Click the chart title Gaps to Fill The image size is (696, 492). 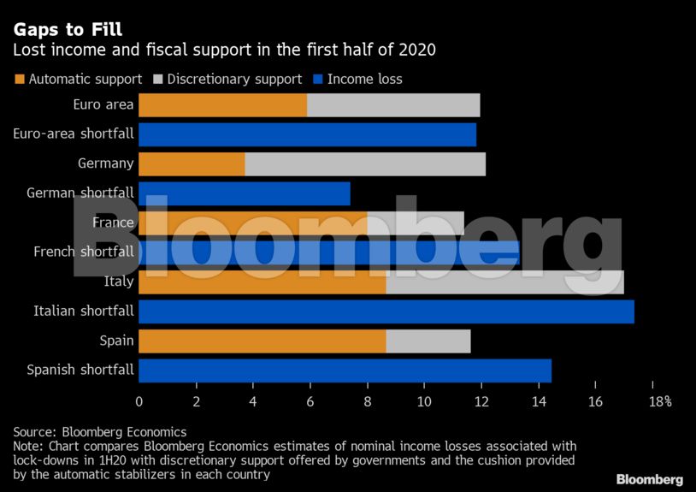point(68,30)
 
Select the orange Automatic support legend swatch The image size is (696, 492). point(20,80)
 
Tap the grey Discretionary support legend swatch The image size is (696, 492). point(158,80)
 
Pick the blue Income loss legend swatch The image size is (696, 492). point(318,80)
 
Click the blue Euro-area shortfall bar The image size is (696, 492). point(307,134)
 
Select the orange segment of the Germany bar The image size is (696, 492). point(192,163)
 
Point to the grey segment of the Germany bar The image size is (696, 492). point(365,163)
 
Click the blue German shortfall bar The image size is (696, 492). point(244,193)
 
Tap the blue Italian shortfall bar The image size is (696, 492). point(386,311)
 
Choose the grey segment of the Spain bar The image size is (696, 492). point(428,341)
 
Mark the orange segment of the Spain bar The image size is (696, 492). point(262,341)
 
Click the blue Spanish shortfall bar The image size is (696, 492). point(345,370)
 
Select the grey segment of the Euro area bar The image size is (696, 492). point(393,105)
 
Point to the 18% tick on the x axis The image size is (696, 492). point(659,400)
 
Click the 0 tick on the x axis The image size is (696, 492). point(139,400)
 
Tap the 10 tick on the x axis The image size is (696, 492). point(424,400)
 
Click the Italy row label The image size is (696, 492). point(118,282)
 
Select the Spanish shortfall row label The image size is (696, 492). point(80,370)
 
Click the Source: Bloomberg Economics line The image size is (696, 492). point(100,432)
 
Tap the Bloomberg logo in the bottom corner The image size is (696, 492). point(650,478)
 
